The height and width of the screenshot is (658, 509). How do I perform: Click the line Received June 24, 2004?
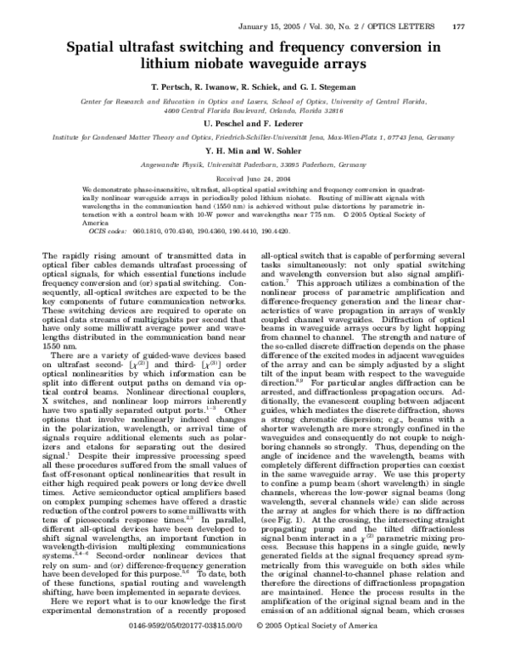pyautogui.click(x=254, y=181)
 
